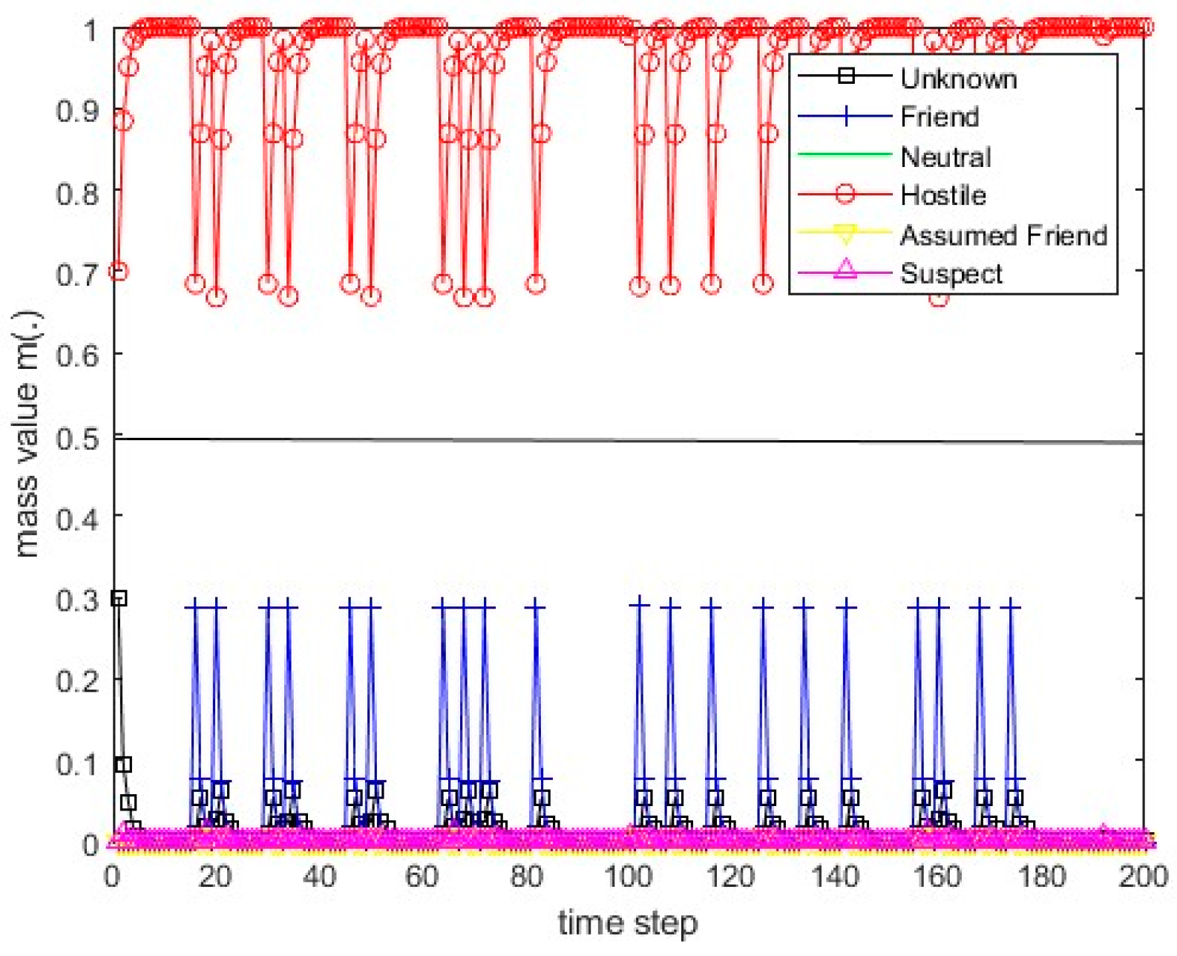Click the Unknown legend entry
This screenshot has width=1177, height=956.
point(957,78)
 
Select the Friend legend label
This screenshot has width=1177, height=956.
point(939,117)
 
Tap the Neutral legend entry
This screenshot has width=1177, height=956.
point(945,157)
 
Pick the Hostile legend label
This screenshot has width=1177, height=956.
point(942,195)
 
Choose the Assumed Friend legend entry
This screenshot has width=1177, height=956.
point(1003,235)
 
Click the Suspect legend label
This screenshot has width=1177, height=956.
point(951,274)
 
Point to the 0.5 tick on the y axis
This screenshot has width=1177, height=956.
point(78,438)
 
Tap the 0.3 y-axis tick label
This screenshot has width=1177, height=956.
point(78,600)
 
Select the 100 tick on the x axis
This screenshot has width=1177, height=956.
point(628,877)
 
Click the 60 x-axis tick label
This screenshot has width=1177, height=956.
point(422,877)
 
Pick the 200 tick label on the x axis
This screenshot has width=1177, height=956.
point(1143,877)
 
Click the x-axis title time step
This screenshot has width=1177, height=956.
point(628,924)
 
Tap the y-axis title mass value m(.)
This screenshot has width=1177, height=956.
point(27,434)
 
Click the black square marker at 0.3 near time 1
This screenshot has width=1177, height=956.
point(119,598)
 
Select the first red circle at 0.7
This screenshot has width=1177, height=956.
point(119,272)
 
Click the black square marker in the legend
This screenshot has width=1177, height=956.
point(845,76)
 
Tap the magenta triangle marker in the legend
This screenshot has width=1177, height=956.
point(845,270)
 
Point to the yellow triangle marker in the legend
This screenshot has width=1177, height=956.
point(845,235)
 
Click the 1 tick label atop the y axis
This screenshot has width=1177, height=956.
point(91,31)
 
